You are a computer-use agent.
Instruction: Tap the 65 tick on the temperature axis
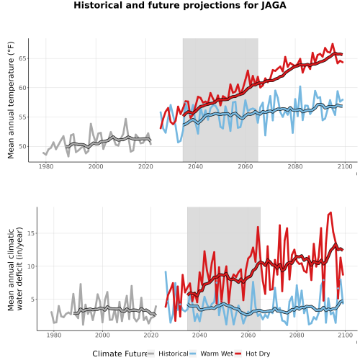point(23,58)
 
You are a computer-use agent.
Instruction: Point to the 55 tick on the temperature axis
point(23,117)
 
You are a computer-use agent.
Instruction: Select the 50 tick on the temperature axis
point(23,146)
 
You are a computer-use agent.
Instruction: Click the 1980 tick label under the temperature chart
point(46,166)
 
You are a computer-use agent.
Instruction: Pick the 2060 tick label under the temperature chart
point(246,166)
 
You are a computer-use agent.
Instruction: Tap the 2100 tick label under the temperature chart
point(345,166)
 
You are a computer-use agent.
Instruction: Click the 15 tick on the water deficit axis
point(32,233)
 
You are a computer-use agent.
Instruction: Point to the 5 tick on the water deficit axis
point(33,300)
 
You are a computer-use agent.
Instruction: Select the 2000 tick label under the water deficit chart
point(102,336)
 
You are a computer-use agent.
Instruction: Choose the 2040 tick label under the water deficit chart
point(199,336)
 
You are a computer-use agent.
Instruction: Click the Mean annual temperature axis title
point(11,100)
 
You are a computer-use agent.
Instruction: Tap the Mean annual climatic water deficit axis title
point(15,269)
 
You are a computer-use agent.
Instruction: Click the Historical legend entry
point(174,354)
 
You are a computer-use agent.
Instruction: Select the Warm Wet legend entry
point(217,354)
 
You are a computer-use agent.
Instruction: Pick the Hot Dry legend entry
point(258,354)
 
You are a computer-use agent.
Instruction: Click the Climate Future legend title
point(120,354)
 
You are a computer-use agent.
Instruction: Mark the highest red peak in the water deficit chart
point(330,212)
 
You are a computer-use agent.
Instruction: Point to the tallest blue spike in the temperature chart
point(300,86)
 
